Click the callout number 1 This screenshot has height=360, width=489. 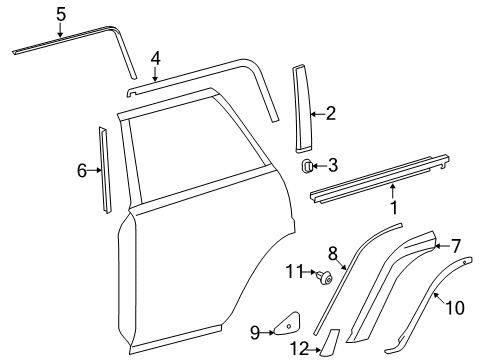(394, 209)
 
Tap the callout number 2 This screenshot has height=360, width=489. (330, 115)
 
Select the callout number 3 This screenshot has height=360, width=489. (333, 166)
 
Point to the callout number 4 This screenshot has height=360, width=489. (155, 58)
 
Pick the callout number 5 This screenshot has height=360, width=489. (60, 14)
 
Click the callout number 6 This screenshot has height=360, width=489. (82, 171)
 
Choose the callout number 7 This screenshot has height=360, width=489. (456, 245)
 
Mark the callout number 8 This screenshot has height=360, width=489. (333, 253)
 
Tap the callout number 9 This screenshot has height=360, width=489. (254, 332)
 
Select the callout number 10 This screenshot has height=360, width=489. (454, 308)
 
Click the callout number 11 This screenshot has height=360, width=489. (292, 272)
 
